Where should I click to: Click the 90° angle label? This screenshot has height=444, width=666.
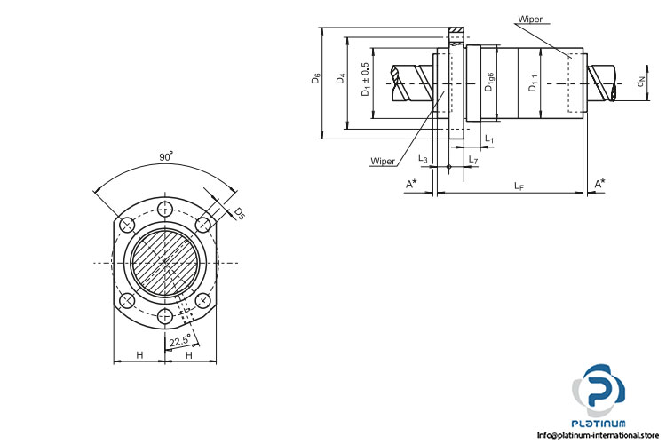click(165, 156)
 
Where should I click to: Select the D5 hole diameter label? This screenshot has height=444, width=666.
click(240, 212)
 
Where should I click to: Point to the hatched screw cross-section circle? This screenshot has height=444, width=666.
click(165, 263)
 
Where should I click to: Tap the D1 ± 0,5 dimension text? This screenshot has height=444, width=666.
click(365, 80)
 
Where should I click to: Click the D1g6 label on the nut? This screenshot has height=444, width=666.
click(488, 83)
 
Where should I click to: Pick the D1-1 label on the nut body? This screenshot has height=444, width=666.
click(532, 83)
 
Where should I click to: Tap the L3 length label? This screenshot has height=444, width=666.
click(424, 158)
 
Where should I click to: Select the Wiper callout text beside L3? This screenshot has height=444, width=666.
click(384, 162)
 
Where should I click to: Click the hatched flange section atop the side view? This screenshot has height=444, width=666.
click(456, 33)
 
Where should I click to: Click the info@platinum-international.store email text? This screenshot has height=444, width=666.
click(601, 435)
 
